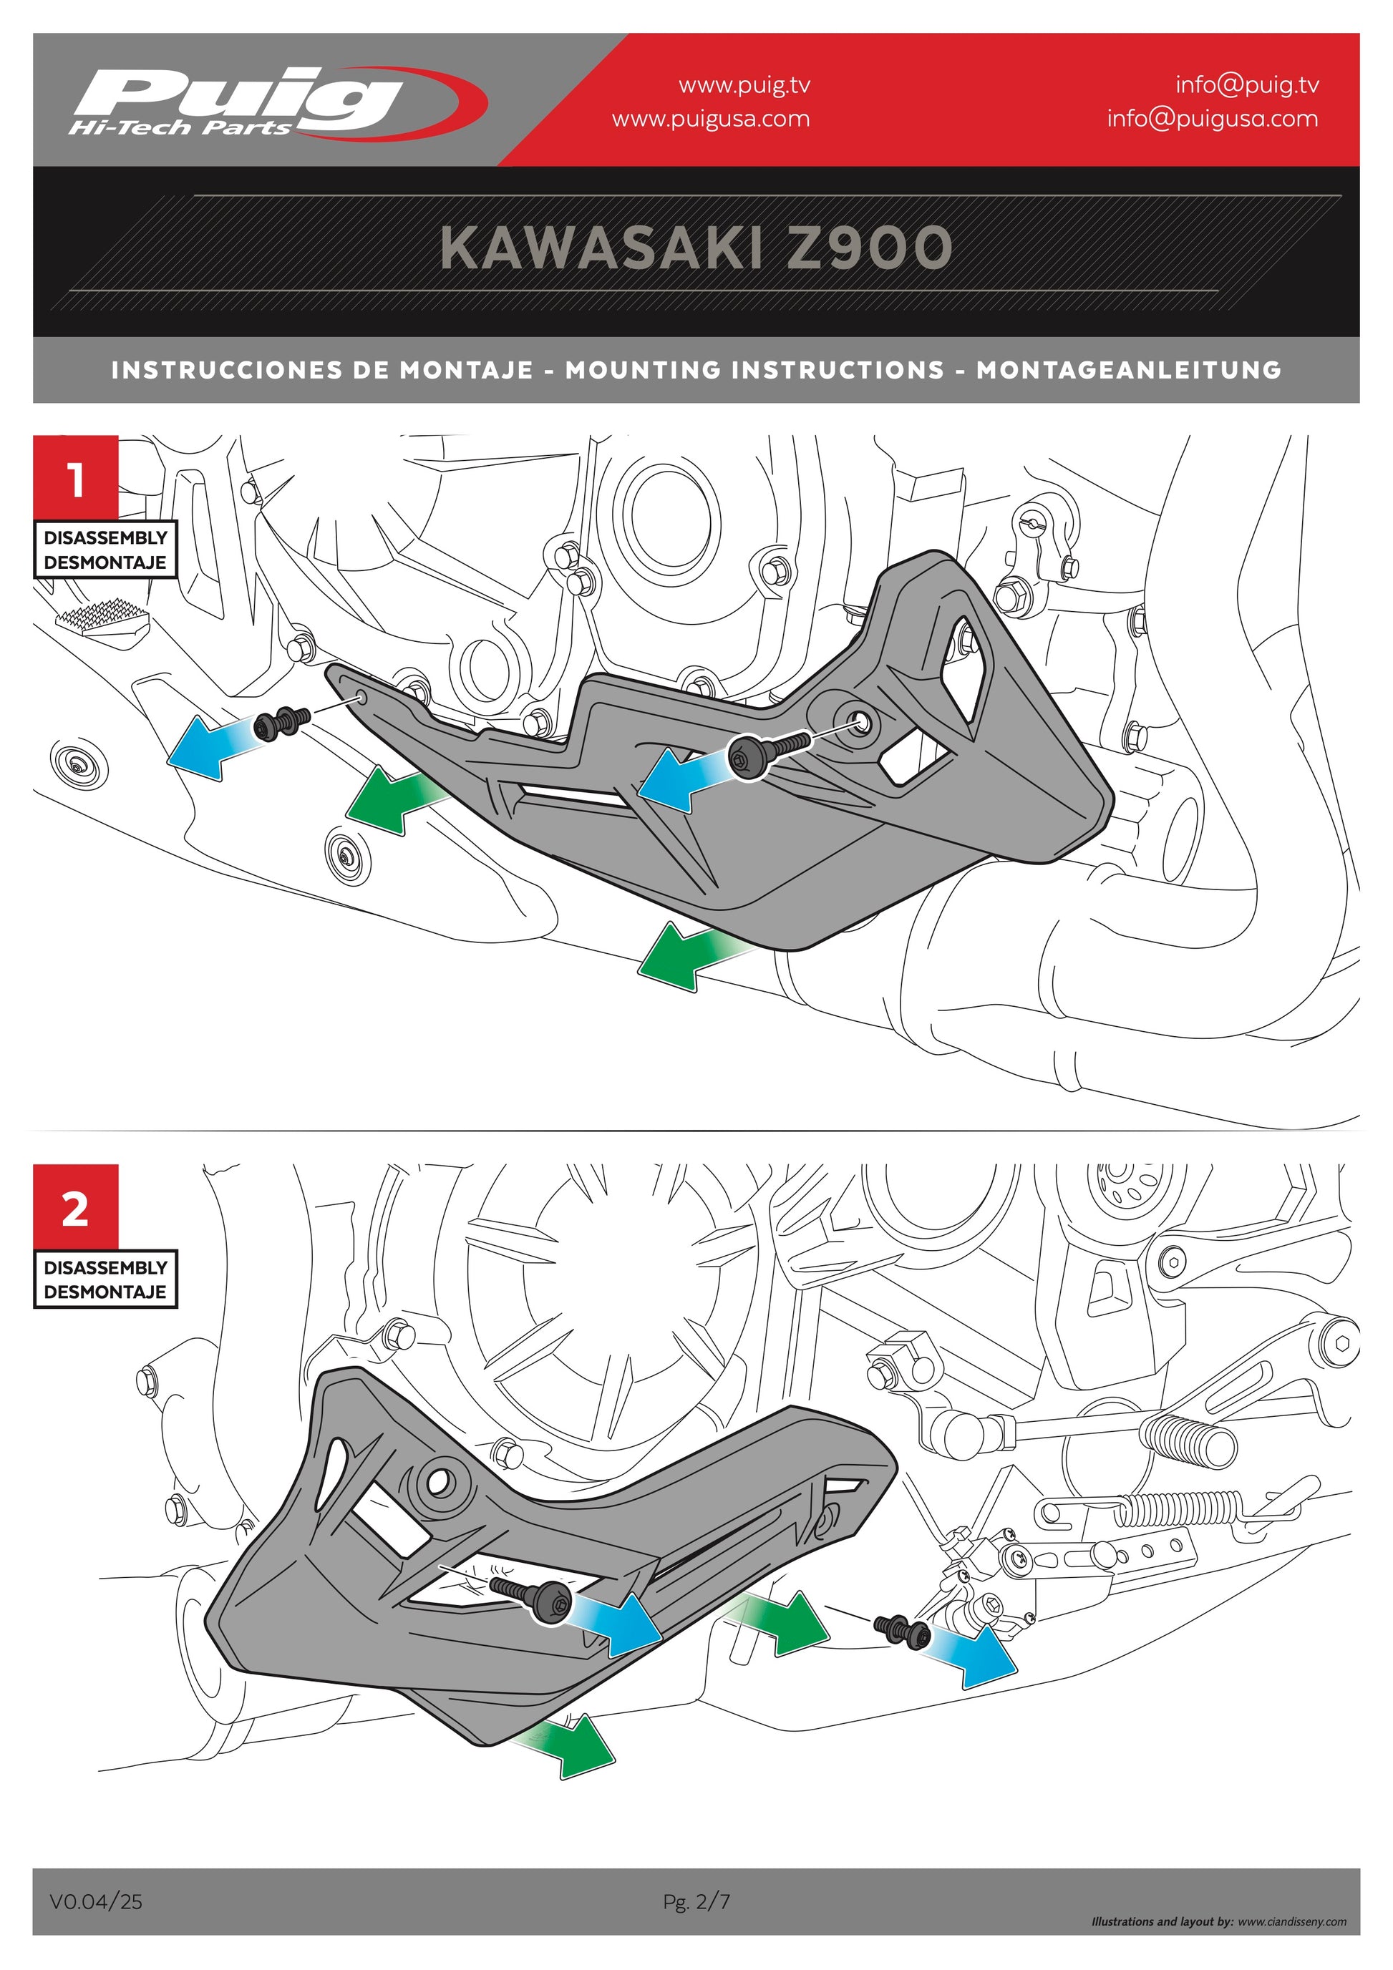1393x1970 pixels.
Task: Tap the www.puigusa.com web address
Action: pyautogui.click(x=711, y=118)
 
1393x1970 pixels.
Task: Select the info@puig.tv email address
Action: pyautogui.click(x=1246, y=84)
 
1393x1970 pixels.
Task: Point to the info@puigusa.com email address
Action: pyautogui.click(x=1212, y=118)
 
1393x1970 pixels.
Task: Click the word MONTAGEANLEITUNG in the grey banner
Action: pyautogui.click(x=1129, y=370)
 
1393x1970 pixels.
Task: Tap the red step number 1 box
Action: pyautogui.click(x=77, y=478)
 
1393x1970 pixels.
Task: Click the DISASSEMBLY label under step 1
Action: pyautogui.click(x=105, y=538)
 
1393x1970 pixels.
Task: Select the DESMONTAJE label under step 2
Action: pyautogui.click(x=105, y=1292)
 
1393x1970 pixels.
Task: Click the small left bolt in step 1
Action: pyautogui.click(x=277, y=725)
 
